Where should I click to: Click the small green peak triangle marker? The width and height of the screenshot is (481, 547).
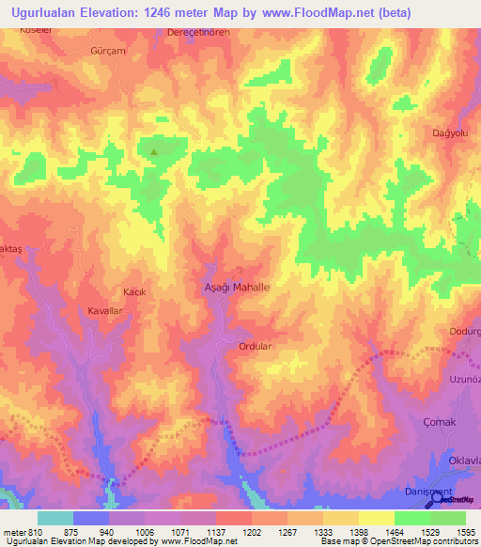[x=154, y=149]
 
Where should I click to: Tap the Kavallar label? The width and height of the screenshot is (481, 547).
[x=105, y=310]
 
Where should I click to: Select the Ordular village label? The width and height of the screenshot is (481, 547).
[x=255, y=346]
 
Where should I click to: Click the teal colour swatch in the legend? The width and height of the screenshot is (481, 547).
[x=55, y=518]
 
